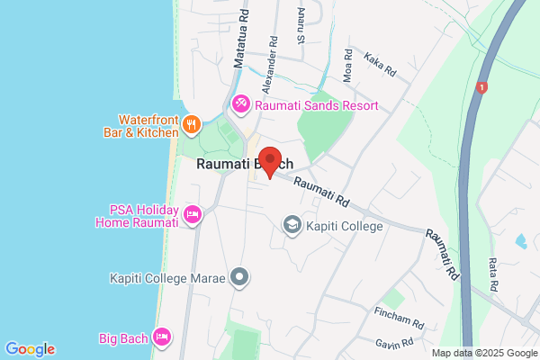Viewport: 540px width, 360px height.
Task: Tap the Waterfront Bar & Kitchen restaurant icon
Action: coord(190,123)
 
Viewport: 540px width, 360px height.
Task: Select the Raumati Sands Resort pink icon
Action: coord(241,105)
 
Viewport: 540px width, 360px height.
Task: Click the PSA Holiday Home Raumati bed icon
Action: coord(192,214)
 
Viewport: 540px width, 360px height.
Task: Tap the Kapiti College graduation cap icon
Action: coord(292,223)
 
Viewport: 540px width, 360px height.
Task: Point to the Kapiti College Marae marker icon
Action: coord(239,277)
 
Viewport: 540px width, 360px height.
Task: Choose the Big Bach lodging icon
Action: coord(162,337)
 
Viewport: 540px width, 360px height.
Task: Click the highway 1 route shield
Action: coord(483,87)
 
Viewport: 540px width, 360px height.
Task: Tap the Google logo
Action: coord(30,349)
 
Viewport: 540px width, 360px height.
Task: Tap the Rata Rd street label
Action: coord(494,271)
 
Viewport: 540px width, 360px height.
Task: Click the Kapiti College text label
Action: coord(346,225)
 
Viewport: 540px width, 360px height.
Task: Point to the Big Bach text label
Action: coord(121,338)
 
